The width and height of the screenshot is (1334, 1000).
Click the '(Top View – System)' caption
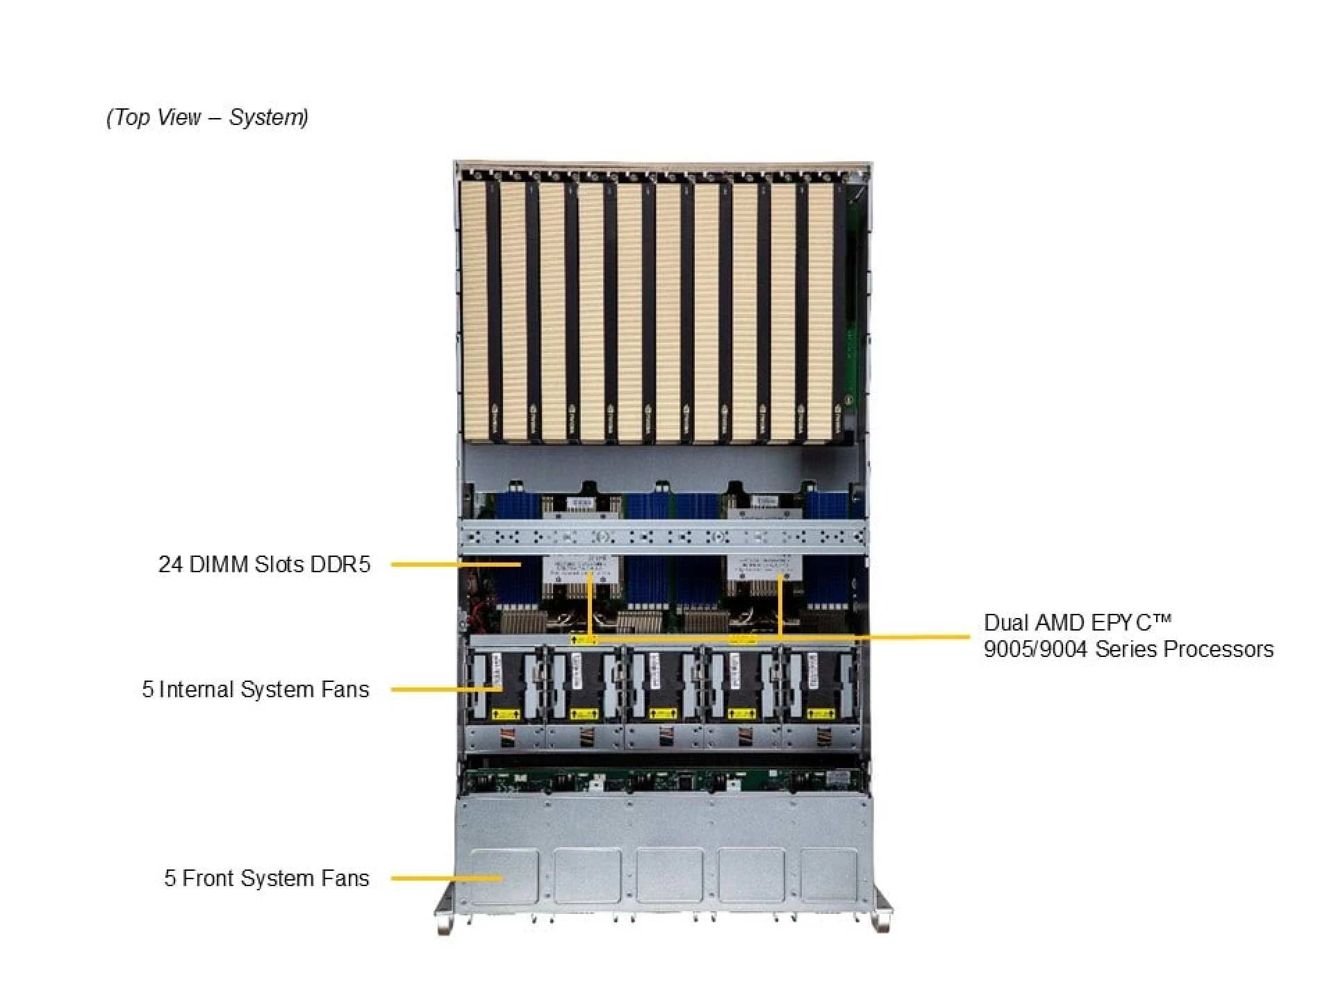click(x=207, y=117)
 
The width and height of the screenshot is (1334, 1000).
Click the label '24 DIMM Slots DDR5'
click(x=264, y=565)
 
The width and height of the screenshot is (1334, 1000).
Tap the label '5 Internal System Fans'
click(x=256, y=690)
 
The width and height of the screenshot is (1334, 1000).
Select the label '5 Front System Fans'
click(x=267, y=878)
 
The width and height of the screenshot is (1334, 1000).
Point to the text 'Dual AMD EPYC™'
click(x=1077, y=622)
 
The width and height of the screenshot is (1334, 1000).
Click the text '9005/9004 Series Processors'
click(x=1128, y=649)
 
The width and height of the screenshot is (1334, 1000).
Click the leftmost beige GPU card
click(x=475, y=310)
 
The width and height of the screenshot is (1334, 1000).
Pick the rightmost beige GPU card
click(x=821, y=310)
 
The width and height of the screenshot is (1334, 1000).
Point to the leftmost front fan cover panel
click(x=504, y=875)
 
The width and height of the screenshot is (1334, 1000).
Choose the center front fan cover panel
click(x=669, y=875)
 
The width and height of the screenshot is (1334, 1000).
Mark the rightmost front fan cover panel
click(x=830, y=875)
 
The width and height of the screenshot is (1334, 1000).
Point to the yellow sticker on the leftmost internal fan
click(x=505, y=713)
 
